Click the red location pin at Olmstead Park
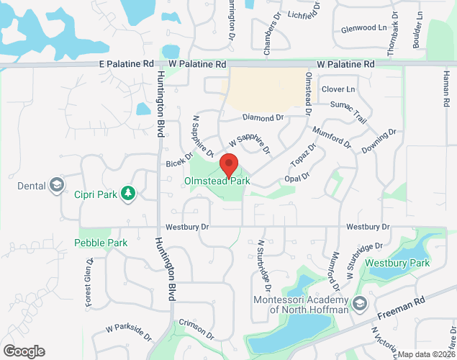tap(229, 165)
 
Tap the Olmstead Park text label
tap(217, 181)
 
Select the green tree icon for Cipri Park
tap(128, 193)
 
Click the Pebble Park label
tap(101, 243)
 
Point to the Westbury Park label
tap(397, 263)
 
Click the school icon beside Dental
tap(56, 186)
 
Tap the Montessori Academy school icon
tap(360, 301)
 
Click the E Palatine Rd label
tap(127, 64)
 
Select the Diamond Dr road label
tap(263, 117)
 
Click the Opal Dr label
tap(296, 176)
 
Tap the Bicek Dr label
tap(180, 159)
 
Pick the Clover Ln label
tap(338, 89)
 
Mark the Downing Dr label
tap(379, 141)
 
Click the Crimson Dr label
tap(196, 328)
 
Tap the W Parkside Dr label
tap(129, 332)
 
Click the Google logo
tap(23, 351)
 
